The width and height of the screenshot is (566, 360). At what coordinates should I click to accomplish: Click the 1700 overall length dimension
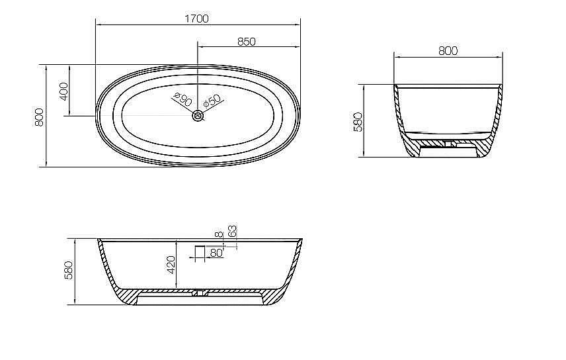click(198, 19)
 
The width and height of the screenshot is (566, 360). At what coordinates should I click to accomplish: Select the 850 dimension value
click(246, 42)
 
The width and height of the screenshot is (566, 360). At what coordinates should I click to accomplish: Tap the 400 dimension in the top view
click(63, 91)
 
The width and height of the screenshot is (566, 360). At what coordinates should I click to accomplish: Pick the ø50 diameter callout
click(212, 101)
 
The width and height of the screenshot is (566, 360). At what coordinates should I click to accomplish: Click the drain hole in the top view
click(198, 116)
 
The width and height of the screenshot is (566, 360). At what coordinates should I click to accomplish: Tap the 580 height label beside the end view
click(358, 121)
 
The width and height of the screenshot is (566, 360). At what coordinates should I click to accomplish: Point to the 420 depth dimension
click(171, 265)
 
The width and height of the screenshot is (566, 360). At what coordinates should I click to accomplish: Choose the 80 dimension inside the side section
click(216, 253)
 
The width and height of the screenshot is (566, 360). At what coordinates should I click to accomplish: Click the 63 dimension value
click(232, 231)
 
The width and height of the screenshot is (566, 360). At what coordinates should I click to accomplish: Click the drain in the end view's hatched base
click(448, 142)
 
